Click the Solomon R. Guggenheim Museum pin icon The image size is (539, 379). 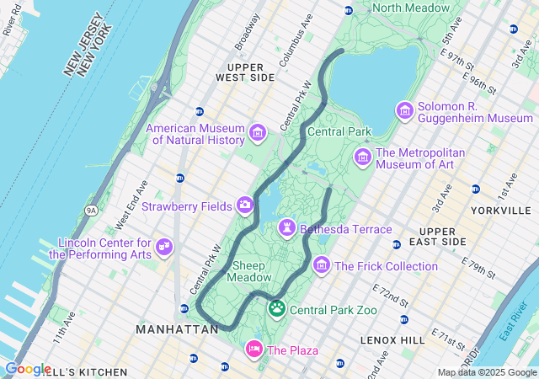[405, 110]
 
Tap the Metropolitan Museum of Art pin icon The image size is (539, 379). [363, 157]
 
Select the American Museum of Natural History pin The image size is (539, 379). [258, 132]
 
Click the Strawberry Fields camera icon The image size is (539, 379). [244, 205]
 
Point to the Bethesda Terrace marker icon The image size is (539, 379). [287, 228]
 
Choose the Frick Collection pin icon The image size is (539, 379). [321, 266]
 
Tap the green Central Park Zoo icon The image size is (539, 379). [277, 310]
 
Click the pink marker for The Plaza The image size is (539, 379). [253, 349]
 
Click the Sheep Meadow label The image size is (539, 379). [250, 270]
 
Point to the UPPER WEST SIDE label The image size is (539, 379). [245, 72]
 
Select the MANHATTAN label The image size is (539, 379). [178, 329]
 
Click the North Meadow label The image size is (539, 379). [411, 8]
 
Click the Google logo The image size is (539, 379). [27, 368]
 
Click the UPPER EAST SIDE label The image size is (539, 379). [442, 236]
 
